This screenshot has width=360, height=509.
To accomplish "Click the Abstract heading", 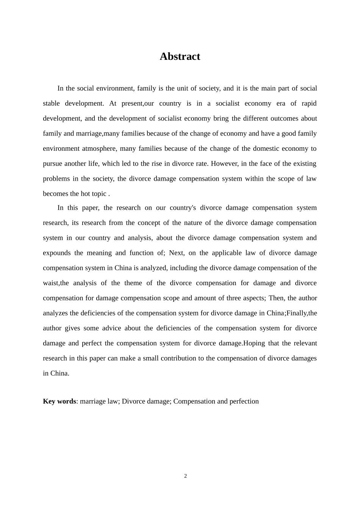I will tap(180, 56).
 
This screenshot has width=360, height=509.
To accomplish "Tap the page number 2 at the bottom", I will tap(185, 476).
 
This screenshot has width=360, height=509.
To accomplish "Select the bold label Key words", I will tap(59, 401).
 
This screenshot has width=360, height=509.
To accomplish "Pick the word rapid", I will tap(309, 103).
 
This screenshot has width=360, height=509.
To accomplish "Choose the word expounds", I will tap(56, 253).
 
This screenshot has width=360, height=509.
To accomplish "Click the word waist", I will tap(50, 283).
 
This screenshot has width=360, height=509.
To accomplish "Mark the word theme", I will tap(132, 283).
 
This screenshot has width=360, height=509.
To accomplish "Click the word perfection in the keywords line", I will tap(245, 401).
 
